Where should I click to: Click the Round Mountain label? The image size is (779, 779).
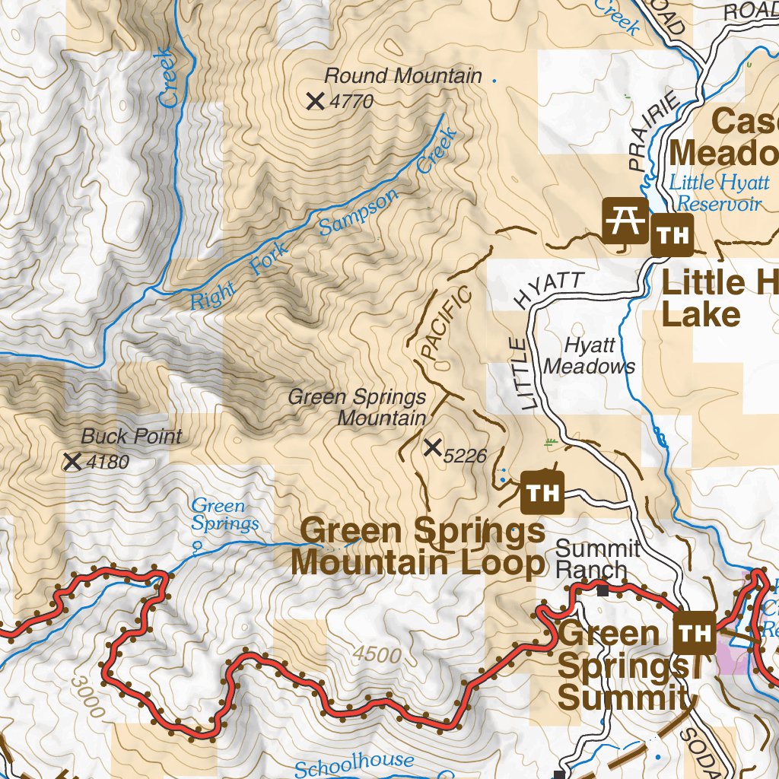[402, 76]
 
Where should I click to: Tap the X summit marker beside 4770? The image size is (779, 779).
[316, 100]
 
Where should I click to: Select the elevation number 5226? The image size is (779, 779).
[464, 456]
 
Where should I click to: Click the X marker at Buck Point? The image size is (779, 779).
[73, 461]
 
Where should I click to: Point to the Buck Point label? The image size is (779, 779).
[132, 437]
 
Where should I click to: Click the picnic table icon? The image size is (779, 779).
[625, 221]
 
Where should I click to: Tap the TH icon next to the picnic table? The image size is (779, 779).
[672, 234]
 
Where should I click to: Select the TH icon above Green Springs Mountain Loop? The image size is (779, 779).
[542, 493]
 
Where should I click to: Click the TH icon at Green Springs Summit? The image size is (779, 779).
[695, 632]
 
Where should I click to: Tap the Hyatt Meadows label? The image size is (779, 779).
[590, 356]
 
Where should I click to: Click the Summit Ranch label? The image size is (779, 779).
[597, 559]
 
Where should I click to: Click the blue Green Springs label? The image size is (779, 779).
[224, 514]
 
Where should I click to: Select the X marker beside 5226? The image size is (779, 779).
[433, 448]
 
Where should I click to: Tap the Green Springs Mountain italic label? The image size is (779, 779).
[358, 408]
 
